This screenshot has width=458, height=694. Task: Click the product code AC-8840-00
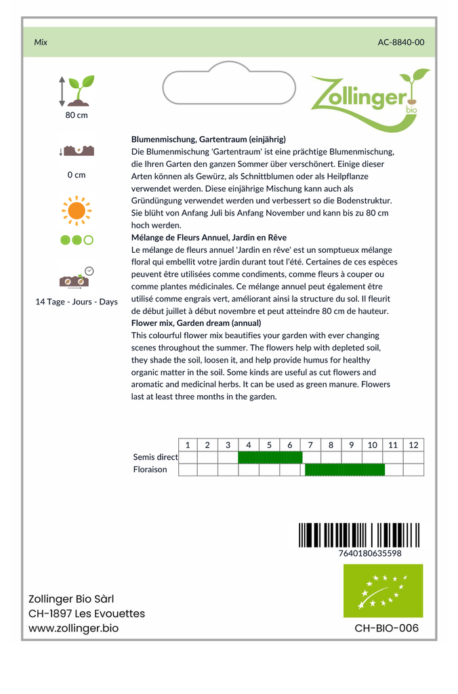401,42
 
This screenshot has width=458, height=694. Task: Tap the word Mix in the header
41,42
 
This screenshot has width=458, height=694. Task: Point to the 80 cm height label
77,115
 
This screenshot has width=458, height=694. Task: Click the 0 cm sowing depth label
77,175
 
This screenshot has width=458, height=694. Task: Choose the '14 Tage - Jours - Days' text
77,302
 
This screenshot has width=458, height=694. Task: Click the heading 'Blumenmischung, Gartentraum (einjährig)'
209,139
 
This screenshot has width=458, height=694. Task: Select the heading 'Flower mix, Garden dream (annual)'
196,323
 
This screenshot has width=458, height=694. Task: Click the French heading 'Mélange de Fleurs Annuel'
209,237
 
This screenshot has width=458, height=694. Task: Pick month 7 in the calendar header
310,445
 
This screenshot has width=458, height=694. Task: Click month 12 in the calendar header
413,445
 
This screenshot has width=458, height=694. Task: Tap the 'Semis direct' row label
155,457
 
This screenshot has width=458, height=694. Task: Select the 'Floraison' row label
150,470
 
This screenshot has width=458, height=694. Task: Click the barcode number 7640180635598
369,553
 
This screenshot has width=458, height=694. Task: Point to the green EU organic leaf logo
383,591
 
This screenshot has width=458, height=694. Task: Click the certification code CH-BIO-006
386,628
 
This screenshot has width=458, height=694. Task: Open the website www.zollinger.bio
74,628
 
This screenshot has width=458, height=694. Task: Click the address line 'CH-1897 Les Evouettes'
87,613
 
